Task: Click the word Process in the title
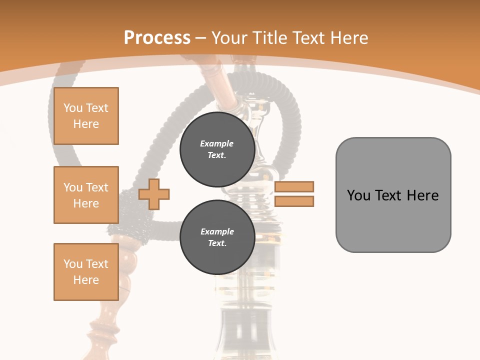pos(157,38)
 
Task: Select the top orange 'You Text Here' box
pos(86,116)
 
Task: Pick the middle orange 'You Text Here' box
pos(86,195)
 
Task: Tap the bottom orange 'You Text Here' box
pos(86,272)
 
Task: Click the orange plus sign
pos(154,194)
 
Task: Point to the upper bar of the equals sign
pos(294,186)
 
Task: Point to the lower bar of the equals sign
pos(294,201)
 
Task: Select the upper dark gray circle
pos(217,149)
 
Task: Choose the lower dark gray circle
pos(217,237)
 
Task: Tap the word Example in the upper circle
pos(217,143)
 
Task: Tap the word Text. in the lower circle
pos(217,243)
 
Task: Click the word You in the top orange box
pos(72,108)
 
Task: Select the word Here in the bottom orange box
pos(86,280)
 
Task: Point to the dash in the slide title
pos(201,38)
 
